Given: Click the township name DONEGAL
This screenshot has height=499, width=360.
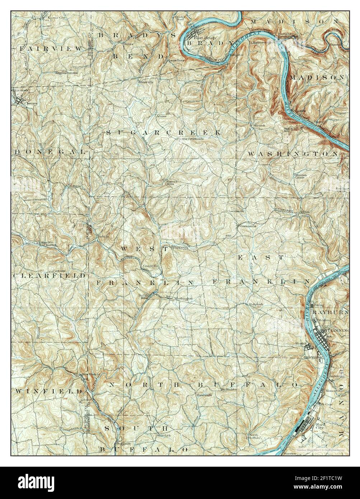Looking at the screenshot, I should pyautogui.click(x=50, y=152).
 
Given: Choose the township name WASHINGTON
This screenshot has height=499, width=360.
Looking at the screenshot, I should pyautogui.click(x=293, y=154).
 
